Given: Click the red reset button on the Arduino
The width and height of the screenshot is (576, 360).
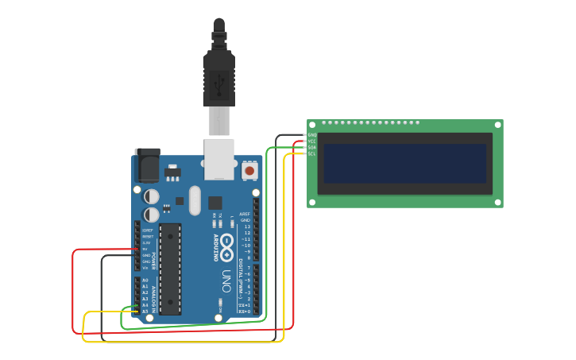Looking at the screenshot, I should coord(249,170).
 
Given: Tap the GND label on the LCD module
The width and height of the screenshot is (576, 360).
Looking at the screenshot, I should coord(312,135).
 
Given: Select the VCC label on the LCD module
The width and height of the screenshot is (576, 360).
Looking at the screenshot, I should coord(312,141).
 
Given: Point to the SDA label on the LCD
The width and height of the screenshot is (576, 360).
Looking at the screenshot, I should coord(312,148).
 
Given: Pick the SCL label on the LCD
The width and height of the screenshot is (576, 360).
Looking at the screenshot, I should coord(312,154).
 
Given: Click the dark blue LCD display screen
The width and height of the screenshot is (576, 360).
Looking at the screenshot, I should coord(404,164).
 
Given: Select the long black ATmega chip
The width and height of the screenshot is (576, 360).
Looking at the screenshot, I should coord(170,269).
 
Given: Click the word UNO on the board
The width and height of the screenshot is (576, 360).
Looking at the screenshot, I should coord(226,281).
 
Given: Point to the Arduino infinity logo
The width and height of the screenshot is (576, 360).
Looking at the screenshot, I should coord(227,246).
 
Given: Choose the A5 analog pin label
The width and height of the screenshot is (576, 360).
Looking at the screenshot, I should coord(145,311).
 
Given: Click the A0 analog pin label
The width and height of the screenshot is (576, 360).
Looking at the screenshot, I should coord(145,281).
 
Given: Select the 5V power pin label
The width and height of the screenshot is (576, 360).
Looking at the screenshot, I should coord(145,249).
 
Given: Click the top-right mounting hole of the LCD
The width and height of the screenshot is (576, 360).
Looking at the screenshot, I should coord(498,124).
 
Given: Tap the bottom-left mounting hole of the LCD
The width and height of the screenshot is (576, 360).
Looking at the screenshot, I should coord(312,203).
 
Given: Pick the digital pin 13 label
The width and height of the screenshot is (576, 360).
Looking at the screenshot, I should coord(246,226).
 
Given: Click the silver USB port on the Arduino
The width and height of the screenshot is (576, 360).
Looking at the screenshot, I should coord(219,158).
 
